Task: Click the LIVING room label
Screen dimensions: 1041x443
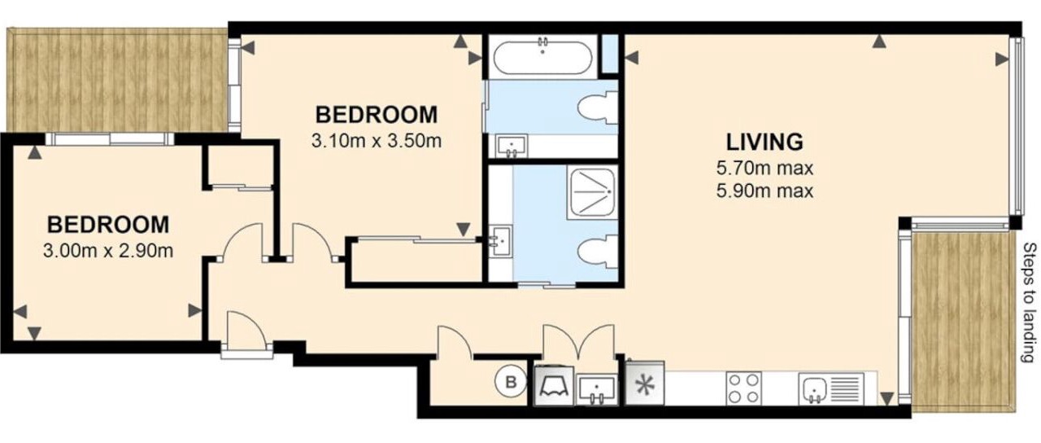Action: coord(764,142)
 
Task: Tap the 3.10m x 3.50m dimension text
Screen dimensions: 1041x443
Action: coord(377,141)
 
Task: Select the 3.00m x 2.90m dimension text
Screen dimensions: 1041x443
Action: coord(108,251)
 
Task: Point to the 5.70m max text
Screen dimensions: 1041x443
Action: coord(765,168)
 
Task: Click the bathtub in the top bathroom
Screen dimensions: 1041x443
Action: coord(542,57)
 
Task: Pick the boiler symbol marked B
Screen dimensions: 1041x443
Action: coord(511,383)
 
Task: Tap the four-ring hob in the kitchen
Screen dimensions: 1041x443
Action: coord(743,388)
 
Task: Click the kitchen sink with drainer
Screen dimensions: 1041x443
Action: coord(831,388)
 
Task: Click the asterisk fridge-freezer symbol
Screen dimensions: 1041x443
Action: coord(645,383)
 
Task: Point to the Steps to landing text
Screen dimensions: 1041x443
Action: coord(1030,302)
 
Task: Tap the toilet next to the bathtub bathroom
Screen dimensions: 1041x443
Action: coord(598,107)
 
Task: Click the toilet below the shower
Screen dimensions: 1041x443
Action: coord(598,252)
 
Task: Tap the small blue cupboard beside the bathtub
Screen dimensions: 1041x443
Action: coord(610,54)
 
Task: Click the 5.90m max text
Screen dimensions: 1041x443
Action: coord(765,191)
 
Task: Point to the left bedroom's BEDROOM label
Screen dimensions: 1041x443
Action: coord(108,225)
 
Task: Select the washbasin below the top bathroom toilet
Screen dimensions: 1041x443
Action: coord(512,146)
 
